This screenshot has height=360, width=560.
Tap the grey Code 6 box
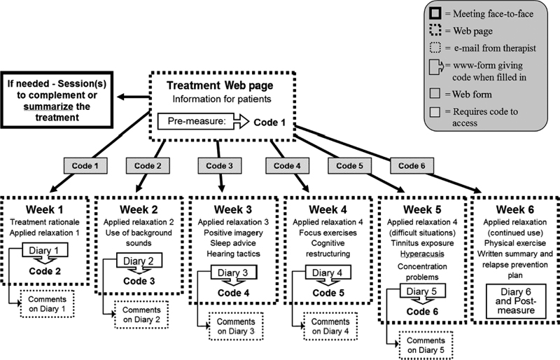pos(414,166)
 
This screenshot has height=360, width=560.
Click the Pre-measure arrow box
pos(204,121)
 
